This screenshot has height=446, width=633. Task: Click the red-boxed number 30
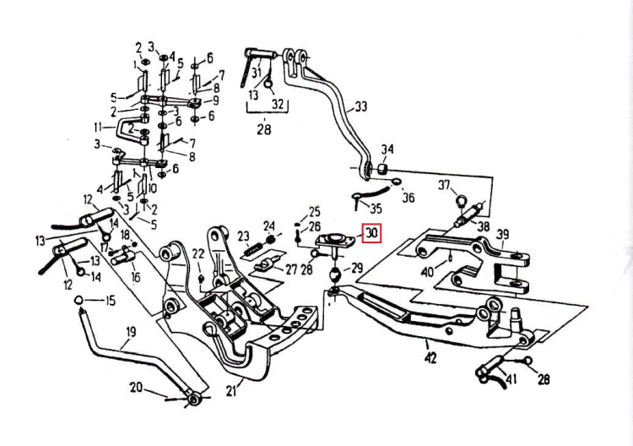372,233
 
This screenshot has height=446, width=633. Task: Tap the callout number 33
360,106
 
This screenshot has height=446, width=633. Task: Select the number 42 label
430,357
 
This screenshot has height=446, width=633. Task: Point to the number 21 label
231,390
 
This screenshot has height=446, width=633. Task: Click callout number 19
131,332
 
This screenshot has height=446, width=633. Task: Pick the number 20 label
136,387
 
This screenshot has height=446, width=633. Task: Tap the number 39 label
503,234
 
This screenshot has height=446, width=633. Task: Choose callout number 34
387,150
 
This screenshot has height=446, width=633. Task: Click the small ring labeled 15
78,301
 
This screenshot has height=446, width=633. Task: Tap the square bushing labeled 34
382,169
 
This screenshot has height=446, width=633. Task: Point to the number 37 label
445,186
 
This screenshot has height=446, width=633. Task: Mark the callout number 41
511,380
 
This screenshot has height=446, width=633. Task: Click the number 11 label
98,128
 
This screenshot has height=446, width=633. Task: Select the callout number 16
136,277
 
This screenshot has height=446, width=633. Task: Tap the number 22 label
198,254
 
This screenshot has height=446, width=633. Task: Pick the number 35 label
376,209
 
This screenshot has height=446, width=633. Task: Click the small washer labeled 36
396,181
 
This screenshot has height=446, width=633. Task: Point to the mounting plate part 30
335,241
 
